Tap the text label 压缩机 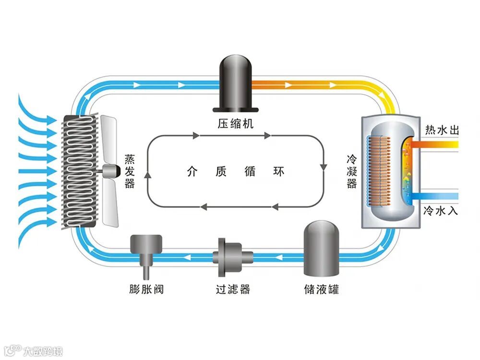click(235, 124)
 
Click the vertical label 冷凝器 click(352, 172)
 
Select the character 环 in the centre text click(279, 171)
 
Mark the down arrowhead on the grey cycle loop click(324, 167)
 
